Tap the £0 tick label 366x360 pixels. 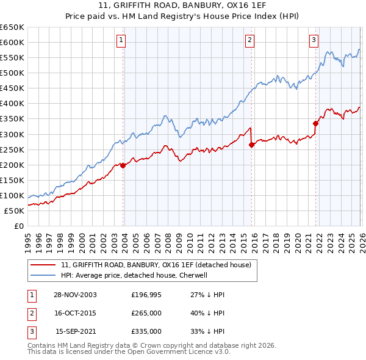[19, 226]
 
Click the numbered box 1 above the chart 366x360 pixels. [121, 41]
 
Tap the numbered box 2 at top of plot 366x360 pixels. [250, 41]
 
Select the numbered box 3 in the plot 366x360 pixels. [314, 41]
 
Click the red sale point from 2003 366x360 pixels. [123, 165]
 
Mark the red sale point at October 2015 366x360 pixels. [251, 145]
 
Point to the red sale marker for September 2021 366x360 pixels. [315, 123]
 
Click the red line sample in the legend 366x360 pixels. [43, 265]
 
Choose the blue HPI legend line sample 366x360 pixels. [43, 275]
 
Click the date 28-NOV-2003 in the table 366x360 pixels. [76, 295]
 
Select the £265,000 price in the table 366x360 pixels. [146, 313]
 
